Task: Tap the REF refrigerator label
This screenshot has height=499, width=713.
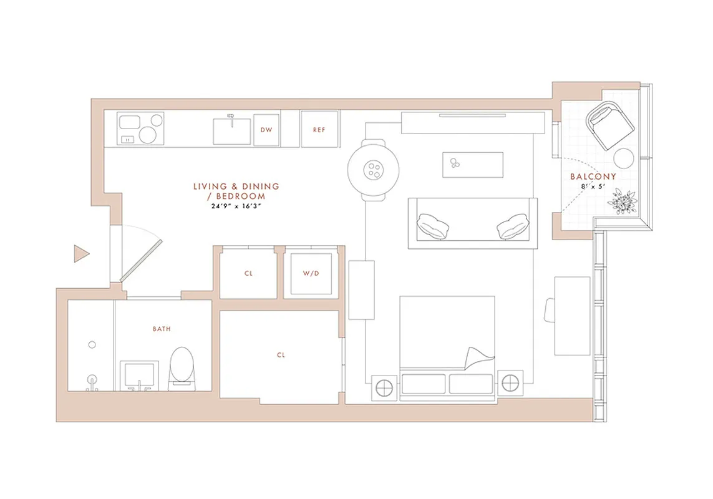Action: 319,130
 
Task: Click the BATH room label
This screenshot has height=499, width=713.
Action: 162,328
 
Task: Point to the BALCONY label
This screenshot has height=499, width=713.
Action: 593,177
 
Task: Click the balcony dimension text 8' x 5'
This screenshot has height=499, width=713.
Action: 593,186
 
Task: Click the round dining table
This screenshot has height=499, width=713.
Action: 373,169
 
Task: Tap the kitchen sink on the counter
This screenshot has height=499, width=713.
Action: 232,130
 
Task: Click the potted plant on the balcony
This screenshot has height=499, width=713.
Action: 622,201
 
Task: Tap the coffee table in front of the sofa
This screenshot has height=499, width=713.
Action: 472,164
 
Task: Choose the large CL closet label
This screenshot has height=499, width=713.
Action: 281,355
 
